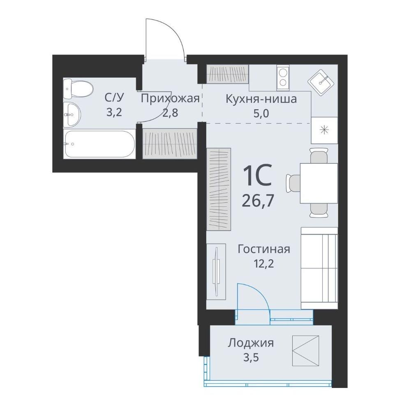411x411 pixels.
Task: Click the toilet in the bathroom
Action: click(x=78, y=89)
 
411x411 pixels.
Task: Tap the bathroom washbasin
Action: click(x=72, y=114)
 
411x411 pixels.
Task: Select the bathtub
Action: click(x=99, y=144)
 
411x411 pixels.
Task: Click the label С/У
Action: click(x=114, y=98)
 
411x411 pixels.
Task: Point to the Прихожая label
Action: click(x=171, y=99)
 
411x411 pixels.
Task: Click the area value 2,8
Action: click(x=171, y=113)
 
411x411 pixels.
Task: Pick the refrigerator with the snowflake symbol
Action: click(x=324, y=130)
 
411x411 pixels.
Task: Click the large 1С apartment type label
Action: click(x=257, y=175)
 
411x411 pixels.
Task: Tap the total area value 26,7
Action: click(x=258, y=201)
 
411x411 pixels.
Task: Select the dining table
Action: click(x=319, y=183)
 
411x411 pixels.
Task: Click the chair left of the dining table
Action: click(x=293, y=183)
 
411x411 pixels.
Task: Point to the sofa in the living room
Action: click(x=319, y=268)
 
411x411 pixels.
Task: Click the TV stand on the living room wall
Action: click(x=216, y=272)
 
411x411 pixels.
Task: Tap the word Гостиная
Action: click(x=264, y=249)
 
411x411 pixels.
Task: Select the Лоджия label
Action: click(x=251, y=343)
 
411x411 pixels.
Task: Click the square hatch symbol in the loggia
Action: click(x=306, y=351)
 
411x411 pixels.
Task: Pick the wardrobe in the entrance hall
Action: click(x=170, y=143)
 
